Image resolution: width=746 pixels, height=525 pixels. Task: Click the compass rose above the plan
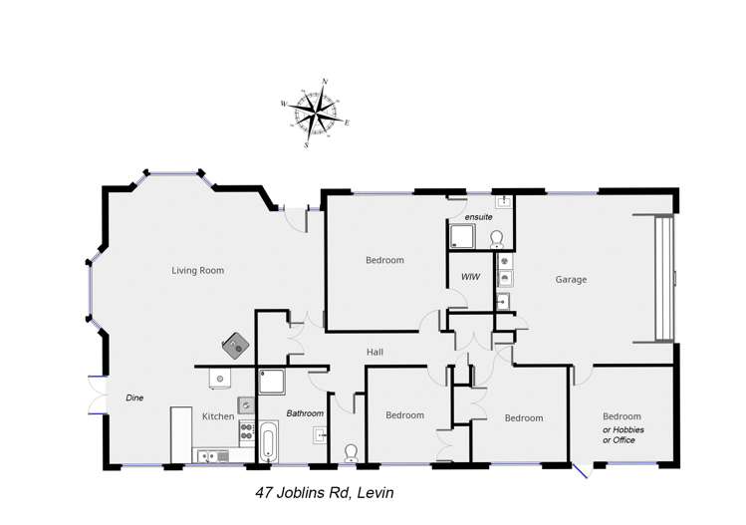(317, 112)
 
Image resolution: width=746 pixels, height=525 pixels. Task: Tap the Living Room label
(197, 270)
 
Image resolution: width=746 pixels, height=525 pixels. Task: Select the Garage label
(571, 280)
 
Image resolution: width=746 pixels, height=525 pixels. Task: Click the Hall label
(374, 352)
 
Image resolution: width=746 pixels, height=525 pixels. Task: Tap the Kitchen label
(218, 415)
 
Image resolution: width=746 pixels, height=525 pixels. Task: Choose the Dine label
(134, 397)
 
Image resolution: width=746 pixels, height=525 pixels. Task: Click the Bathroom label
(305, 412)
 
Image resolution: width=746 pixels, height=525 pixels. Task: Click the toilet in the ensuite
(496, 237)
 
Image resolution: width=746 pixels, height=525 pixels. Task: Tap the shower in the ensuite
(462, 235)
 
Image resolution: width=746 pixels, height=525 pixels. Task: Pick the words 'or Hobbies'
(622, 429)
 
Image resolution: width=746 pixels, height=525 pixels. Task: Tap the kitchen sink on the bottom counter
(211, 456)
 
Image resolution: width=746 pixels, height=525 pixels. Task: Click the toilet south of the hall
(350, 453)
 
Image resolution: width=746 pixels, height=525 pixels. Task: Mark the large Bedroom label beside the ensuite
(384, 260)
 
